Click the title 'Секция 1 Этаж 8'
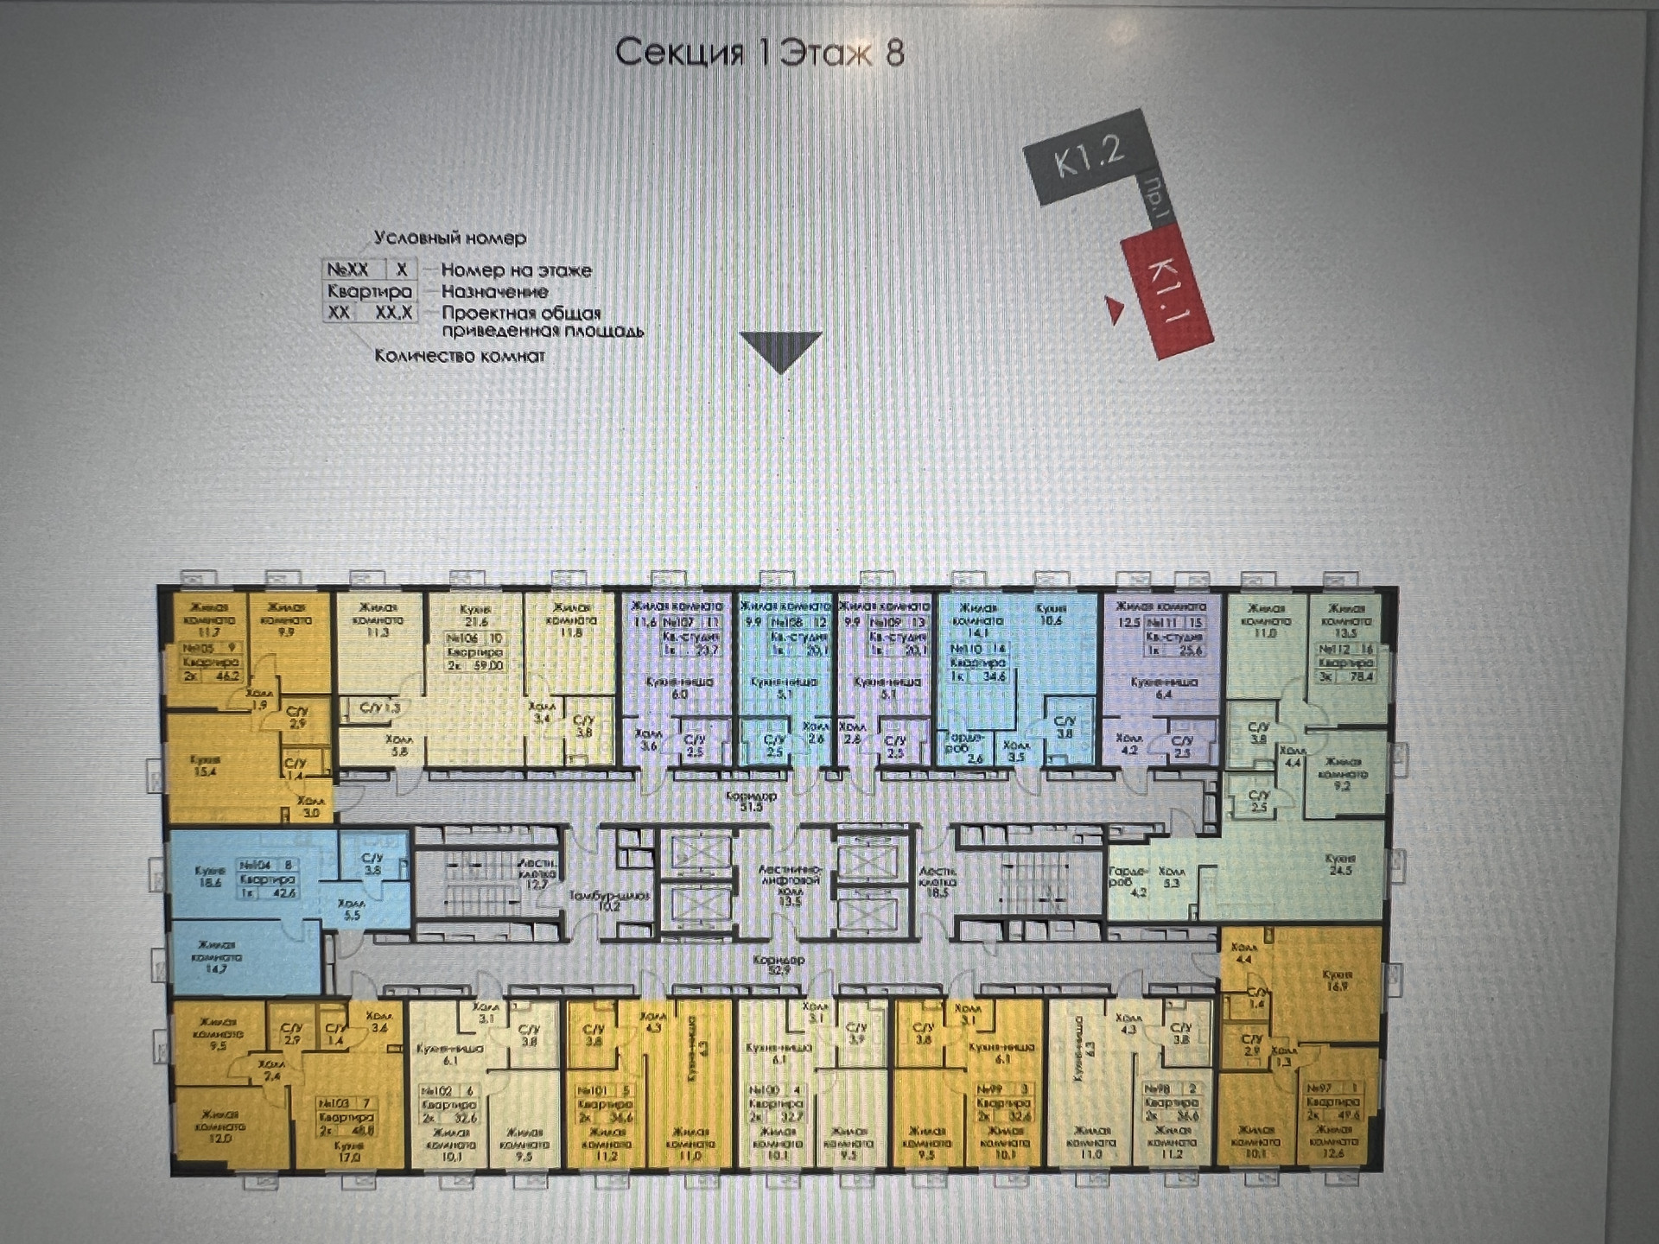click(760, 52)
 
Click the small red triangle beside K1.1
click(1115, 309)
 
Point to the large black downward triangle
click(781, 350)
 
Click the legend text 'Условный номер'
click(449, 238)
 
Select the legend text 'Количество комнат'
click(460, 356)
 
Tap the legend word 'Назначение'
click(494, 292)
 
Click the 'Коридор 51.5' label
click(752, 801)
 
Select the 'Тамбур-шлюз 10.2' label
click(608, 901)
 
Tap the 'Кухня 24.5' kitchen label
click(1340, 865)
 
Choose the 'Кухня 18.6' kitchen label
click(209, 877)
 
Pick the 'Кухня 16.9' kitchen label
click(1336, 981)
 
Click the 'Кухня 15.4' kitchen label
click(205, 766)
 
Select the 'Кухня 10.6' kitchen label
click(1052, 614)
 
